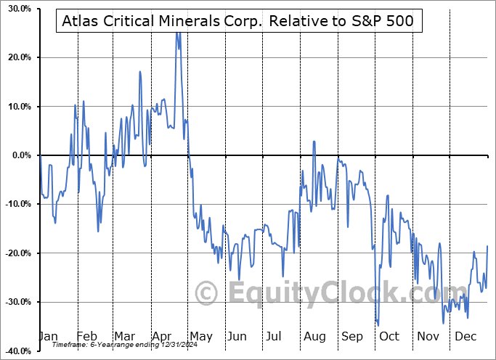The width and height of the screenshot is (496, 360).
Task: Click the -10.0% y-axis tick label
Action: tap(15, 204)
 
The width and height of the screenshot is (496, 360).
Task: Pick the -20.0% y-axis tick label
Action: tap(15, 253)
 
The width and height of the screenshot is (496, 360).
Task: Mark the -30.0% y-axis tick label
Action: tap(15, 302)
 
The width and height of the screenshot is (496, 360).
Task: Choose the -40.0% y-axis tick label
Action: tap(15, 351)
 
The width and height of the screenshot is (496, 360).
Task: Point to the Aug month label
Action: tap(314, 336)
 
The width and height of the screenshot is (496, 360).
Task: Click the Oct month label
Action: tap(389, 336)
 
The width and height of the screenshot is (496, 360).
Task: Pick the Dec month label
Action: tap(465, 336)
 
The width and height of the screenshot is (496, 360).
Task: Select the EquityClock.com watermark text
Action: tap(327, 293)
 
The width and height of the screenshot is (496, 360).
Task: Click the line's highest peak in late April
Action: tap(176, 33)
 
